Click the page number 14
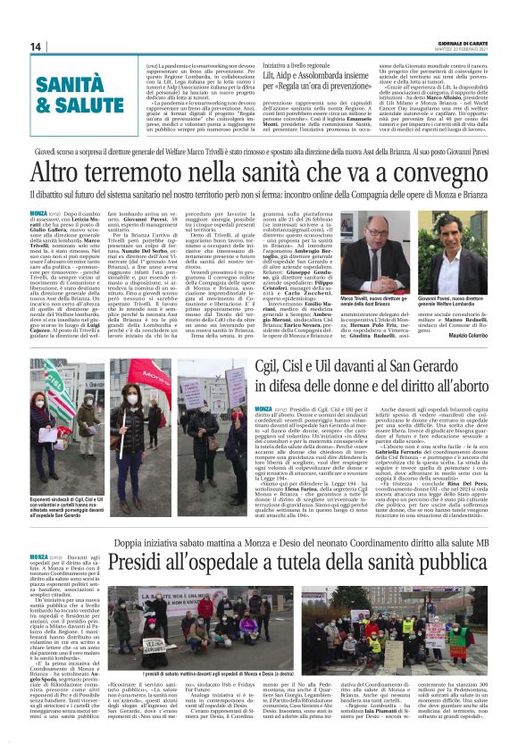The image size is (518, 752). point(36,46)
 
